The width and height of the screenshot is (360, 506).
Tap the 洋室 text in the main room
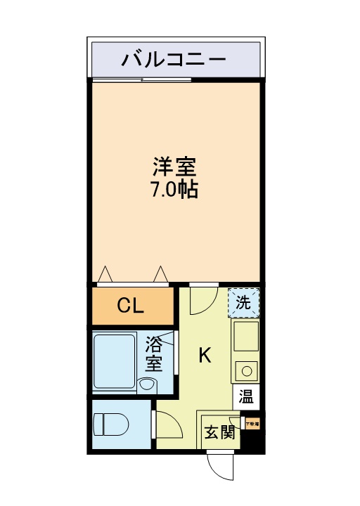click(x=175, y=167)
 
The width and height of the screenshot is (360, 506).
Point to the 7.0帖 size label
click(x=175, y=189)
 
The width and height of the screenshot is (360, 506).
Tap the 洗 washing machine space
click(x=243, y=304)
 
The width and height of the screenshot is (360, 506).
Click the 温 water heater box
click(x=246, y=396)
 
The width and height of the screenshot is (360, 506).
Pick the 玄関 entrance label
click(x=219, y=432)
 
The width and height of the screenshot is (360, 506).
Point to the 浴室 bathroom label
click(x=154, y=354)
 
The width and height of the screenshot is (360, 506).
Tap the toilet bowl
click(x=111, y=424)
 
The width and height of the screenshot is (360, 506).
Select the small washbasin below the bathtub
click(x=148, y=384)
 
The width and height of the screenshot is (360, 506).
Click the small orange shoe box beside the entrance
click(x=251, y=423)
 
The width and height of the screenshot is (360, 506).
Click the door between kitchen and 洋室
click(x=201, y=299)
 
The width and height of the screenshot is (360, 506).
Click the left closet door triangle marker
click(x=105, y=274)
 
